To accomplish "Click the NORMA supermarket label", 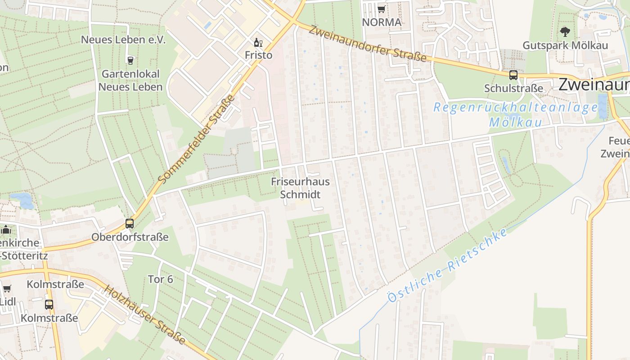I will coord(381,22).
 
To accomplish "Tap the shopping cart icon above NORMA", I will coord(381,9).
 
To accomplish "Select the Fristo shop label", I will coord(258,55).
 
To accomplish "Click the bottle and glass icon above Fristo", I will coord(258,43).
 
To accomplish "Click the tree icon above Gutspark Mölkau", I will coord(565,31).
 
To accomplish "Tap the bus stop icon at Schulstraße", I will coord(513,75).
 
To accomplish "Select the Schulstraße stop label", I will coord(513,88).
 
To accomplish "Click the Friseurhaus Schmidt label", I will coord(300,188).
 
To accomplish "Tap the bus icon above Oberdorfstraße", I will coord(130,223).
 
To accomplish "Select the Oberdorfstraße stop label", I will coord(130,237).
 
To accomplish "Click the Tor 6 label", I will coord(160,279).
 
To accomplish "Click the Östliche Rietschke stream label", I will coord(447,265).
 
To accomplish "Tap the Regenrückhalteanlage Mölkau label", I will coord(516,115).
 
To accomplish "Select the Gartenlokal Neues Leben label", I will coord(130,81).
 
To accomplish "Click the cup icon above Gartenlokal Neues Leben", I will coord(130,60).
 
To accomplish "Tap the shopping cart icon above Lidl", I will coord(7,289).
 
